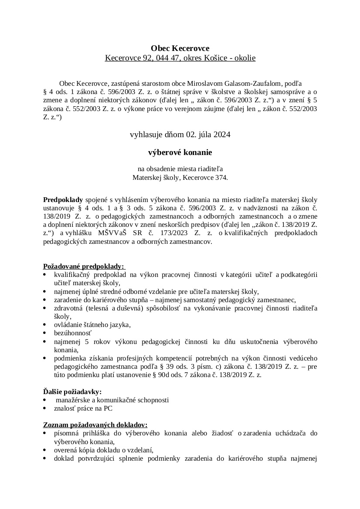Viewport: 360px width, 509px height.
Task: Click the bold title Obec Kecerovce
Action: coord(180,48)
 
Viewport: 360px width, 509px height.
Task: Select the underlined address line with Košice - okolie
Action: coord(180,58)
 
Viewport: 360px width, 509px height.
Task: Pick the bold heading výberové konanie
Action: coord(180,152)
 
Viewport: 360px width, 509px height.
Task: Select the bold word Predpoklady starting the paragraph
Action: coord(63,199)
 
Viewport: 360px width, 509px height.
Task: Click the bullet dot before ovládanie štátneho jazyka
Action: coord(46,325)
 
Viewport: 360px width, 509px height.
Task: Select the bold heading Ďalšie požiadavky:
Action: coord(72,391)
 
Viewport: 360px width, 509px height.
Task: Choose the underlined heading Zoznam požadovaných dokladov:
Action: coord(95,425)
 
